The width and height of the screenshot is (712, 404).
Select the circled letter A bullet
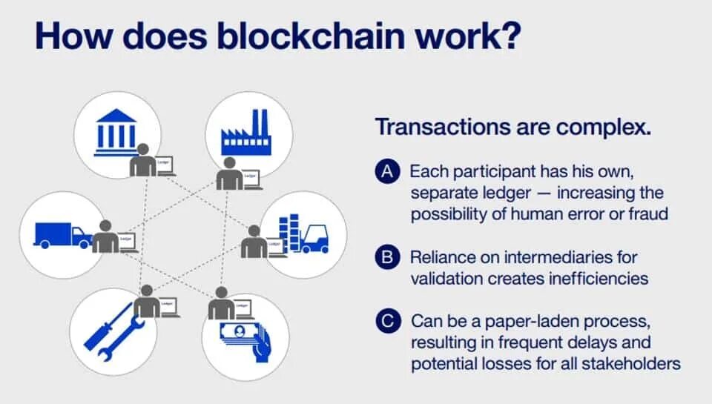coord(386,173)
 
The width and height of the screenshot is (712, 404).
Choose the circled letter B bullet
coord(386,258)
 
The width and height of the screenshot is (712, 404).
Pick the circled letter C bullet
coord(386,322)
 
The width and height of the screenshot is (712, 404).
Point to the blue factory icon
coord(244,134)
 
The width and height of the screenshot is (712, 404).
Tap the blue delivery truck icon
coord(62,235)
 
